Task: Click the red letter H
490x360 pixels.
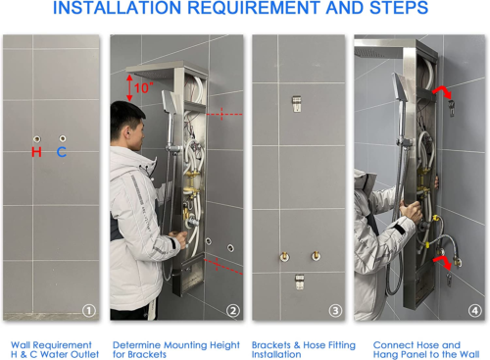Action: point(36,152)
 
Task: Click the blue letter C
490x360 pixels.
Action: point(62,152)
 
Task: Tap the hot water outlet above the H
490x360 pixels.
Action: point(37,139)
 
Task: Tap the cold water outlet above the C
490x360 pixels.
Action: point(63,138)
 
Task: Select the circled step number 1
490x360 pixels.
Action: point(89,310)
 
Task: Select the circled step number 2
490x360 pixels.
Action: point(233,310)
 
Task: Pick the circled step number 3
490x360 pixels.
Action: point(335,310)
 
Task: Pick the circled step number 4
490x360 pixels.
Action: point(475,310)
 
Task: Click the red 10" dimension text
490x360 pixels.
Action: point(143,87)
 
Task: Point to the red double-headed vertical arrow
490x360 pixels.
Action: point(129,87)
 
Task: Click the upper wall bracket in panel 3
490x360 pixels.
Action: point(297,104)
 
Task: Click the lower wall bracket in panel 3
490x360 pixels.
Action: point(299,282)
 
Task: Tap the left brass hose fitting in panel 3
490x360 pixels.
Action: point(284,257)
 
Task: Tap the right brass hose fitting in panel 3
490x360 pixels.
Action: point(316,255)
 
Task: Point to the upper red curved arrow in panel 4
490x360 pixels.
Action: point(443,91)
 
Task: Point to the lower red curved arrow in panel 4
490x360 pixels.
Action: point(443,262)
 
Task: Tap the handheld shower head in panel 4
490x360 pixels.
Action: point(401,86)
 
